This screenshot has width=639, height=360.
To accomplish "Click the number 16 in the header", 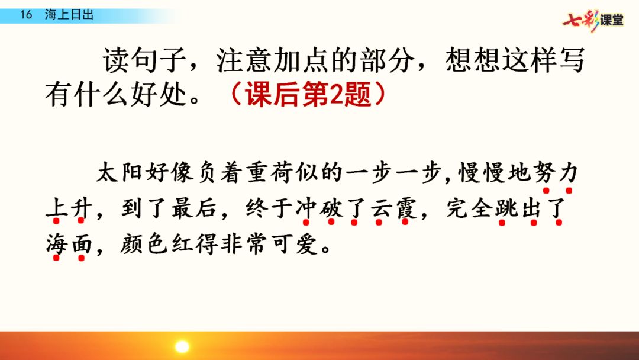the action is (26, 15).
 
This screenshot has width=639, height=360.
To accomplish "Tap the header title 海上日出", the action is (69, 15).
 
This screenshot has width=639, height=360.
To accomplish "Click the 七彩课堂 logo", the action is (593, 20).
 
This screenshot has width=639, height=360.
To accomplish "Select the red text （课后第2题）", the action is (308, 94).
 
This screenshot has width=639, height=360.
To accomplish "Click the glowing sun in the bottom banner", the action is (182, 347).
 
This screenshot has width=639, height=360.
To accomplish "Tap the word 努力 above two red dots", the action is (557, 172).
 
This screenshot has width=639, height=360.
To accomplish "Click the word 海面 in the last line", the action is (69, 245).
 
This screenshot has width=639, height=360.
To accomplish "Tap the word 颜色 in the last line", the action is (144, 245).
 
